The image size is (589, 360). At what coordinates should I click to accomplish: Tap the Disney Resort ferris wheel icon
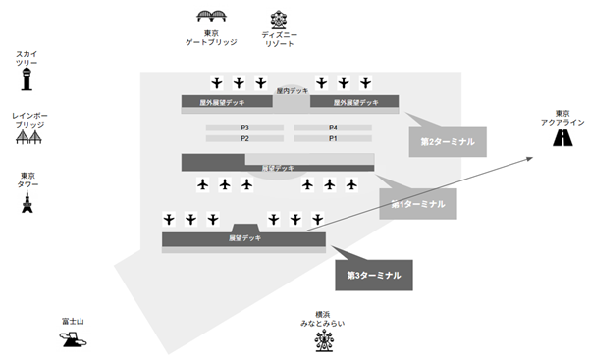click(279, 19)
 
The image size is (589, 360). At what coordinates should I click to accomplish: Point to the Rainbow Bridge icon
click(27, 139)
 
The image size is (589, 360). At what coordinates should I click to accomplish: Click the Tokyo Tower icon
click(27, 203)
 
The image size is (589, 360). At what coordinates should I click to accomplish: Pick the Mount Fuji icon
click(72, 339)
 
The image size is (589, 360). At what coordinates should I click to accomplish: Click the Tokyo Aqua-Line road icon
click(563, 139)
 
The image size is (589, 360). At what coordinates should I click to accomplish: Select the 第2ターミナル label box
click(447, 141)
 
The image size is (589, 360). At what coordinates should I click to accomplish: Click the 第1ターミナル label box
click(417, 204)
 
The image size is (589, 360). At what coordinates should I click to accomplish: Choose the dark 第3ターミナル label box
click(374, 275)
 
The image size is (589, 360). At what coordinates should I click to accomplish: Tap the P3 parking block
click(244, 129)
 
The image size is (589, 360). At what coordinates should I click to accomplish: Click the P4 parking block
click(333, 129)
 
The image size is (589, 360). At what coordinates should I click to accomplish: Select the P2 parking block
click(244, 139)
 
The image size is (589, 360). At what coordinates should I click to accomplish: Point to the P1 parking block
click(333, 139)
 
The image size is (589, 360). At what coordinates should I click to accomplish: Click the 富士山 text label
click(71, 321)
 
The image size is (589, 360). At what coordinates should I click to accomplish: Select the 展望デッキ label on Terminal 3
click(244, 238)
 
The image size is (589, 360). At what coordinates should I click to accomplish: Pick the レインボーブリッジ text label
click(27, 121)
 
